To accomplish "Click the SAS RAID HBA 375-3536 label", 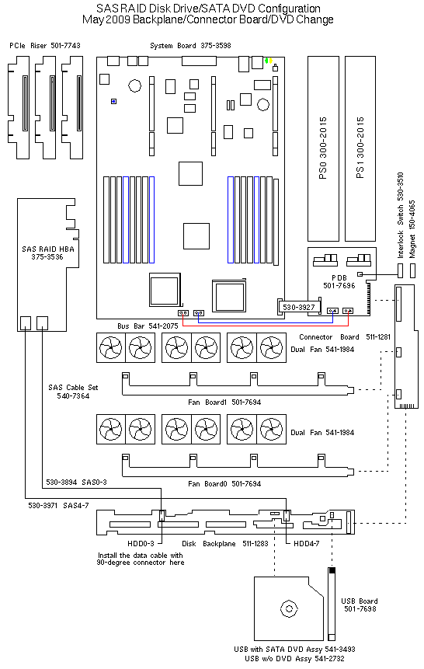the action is click(x=48, y=253).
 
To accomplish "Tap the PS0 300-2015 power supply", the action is click(x=323, y=148).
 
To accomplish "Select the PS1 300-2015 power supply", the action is click(x=360, y=148).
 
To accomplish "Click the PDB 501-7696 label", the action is click(x=339, y=281).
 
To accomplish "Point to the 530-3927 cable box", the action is click(x=299, y=307).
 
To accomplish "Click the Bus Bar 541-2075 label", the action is click(x=148, y=326).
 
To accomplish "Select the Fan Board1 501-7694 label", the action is click(x=224, y=402).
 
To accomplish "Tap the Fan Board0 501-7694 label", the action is click(x=224, y=483).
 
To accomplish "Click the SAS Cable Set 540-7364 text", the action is click(x=73, y=392).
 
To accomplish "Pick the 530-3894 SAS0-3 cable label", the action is click(x=76, y=482).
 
